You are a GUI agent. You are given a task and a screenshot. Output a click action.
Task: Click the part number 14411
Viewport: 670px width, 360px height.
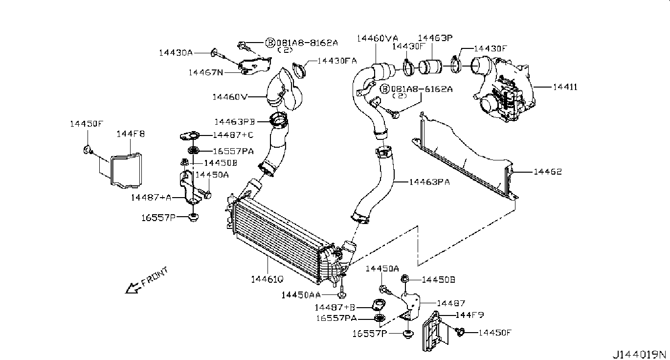[x=565, y=88]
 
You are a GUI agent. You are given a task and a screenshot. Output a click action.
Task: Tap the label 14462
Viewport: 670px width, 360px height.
[x=547, y=172]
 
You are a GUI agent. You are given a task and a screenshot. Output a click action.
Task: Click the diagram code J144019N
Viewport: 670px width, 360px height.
[x=640, y=354]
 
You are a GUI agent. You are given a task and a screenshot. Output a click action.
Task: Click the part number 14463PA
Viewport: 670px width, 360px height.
[x=429, y=182]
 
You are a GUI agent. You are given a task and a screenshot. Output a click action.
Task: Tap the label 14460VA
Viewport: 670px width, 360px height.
[x=377, y=38]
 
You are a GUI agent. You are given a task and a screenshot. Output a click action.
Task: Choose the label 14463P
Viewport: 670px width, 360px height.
[x=435, y=38]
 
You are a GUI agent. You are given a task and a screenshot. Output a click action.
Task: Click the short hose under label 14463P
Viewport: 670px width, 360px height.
[x=432, y=67]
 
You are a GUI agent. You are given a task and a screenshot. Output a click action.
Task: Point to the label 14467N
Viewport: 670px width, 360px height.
[x=205, y=72]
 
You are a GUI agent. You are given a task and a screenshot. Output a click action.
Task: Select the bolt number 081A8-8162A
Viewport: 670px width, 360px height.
[x=307, y=43]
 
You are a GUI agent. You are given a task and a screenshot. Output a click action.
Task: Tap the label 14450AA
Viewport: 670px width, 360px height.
[x=301, y=294]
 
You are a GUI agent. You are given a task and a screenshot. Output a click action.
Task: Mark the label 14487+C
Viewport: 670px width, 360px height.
[x=233, y=135]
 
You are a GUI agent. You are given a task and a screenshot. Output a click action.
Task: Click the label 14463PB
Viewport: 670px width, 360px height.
[x=234, y=121]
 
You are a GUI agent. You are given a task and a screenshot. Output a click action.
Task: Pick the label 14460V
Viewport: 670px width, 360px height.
[x=229, y=97]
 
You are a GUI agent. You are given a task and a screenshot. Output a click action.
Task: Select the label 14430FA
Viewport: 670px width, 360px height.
[x=337, y=61]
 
